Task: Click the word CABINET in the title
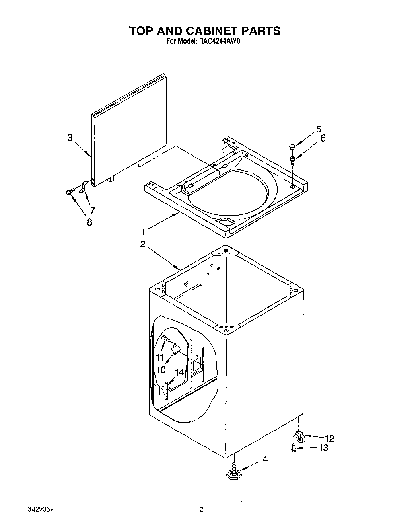[x=209, y=31]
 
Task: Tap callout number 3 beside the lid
[x=70, y=138]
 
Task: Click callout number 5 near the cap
[x=319, y=129]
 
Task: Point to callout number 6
[x=323, y=138]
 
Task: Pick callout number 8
[x=89, y=222]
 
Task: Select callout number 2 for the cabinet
[x=143, y=245]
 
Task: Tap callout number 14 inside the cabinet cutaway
[x=179, y=373]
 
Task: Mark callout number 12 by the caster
[x=329, y=438]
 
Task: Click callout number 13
[x=324, y=448]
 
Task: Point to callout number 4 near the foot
[x=264, y=459]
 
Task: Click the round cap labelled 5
[x=292, y=147]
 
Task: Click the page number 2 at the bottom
[x=201, y=510]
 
